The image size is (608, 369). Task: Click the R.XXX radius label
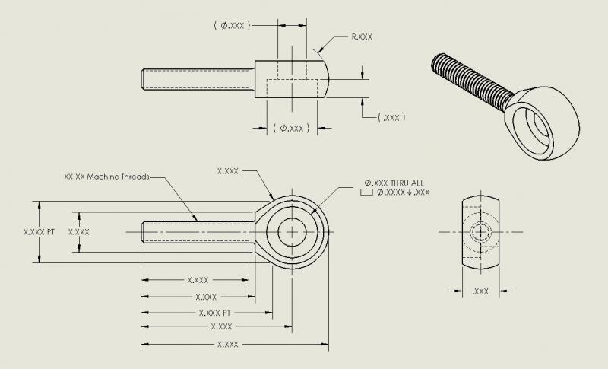362,36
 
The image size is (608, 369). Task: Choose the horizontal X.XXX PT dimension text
214,313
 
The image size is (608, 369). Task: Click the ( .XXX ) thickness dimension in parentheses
393,118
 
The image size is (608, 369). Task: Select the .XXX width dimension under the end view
480,291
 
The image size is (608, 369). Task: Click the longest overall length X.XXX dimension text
228,345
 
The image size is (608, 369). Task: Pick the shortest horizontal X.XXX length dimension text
197,280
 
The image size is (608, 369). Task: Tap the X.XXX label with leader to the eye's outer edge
228,171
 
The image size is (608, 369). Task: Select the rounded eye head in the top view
319,78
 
